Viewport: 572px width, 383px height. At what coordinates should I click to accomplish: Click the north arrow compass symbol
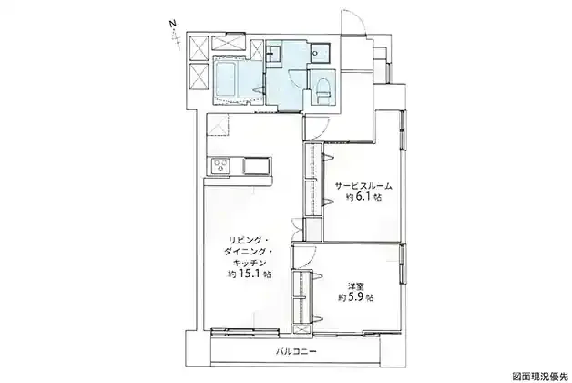pyautogui.click(x=175, y=34)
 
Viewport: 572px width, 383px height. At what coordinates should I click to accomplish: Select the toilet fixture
pyautogui.click(x=322, y=89)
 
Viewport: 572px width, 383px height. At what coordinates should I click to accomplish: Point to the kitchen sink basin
pyautogui.click(x=257, y=166)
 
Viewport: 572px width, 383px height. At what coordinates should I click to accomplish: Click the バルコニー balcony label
pyautogui.click(x=295, y=352)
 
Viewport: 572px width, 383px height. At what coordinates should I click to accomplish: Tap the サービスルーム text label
pyautogui.click(x=363, y=186)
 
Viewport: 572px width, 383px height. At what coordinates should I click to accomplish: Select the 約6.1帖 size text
pyautogui.click(x=363, y=197)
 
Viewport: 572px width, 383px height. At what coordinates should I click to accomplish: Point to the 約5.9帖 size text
pyautogui.click(x=355, y=297)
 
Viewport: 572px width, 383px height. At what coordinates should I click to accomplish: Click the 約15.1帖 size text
pyautogui.click(x=249, y=274)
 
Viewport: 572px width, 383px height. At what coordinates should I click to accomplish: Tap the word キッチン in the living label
pyautogui.click(x=250, y=263)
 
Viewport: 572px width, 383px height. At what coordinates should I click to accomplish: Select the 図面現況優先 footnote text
pyautogui.click(x=540, y=376)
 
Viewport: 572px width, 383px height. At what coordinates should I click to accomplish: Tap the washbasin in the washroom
pyautogui.click(x=273, y=55)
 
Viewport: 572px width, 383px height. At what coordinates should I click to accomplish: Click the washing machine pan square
pyautogui.click(x=321, y=53)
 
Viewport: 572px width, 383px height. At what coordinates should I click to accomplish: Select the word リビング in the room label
pyautogui.click(x=243, y=241)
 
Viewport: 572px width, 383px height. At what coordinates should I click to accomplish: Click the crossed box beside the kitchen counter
pyautogui.click(x=218, y=125)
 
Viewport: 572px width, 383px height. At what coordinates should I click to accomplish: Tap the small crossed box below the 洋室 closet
pyautogui.click(x=302, y=329)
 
